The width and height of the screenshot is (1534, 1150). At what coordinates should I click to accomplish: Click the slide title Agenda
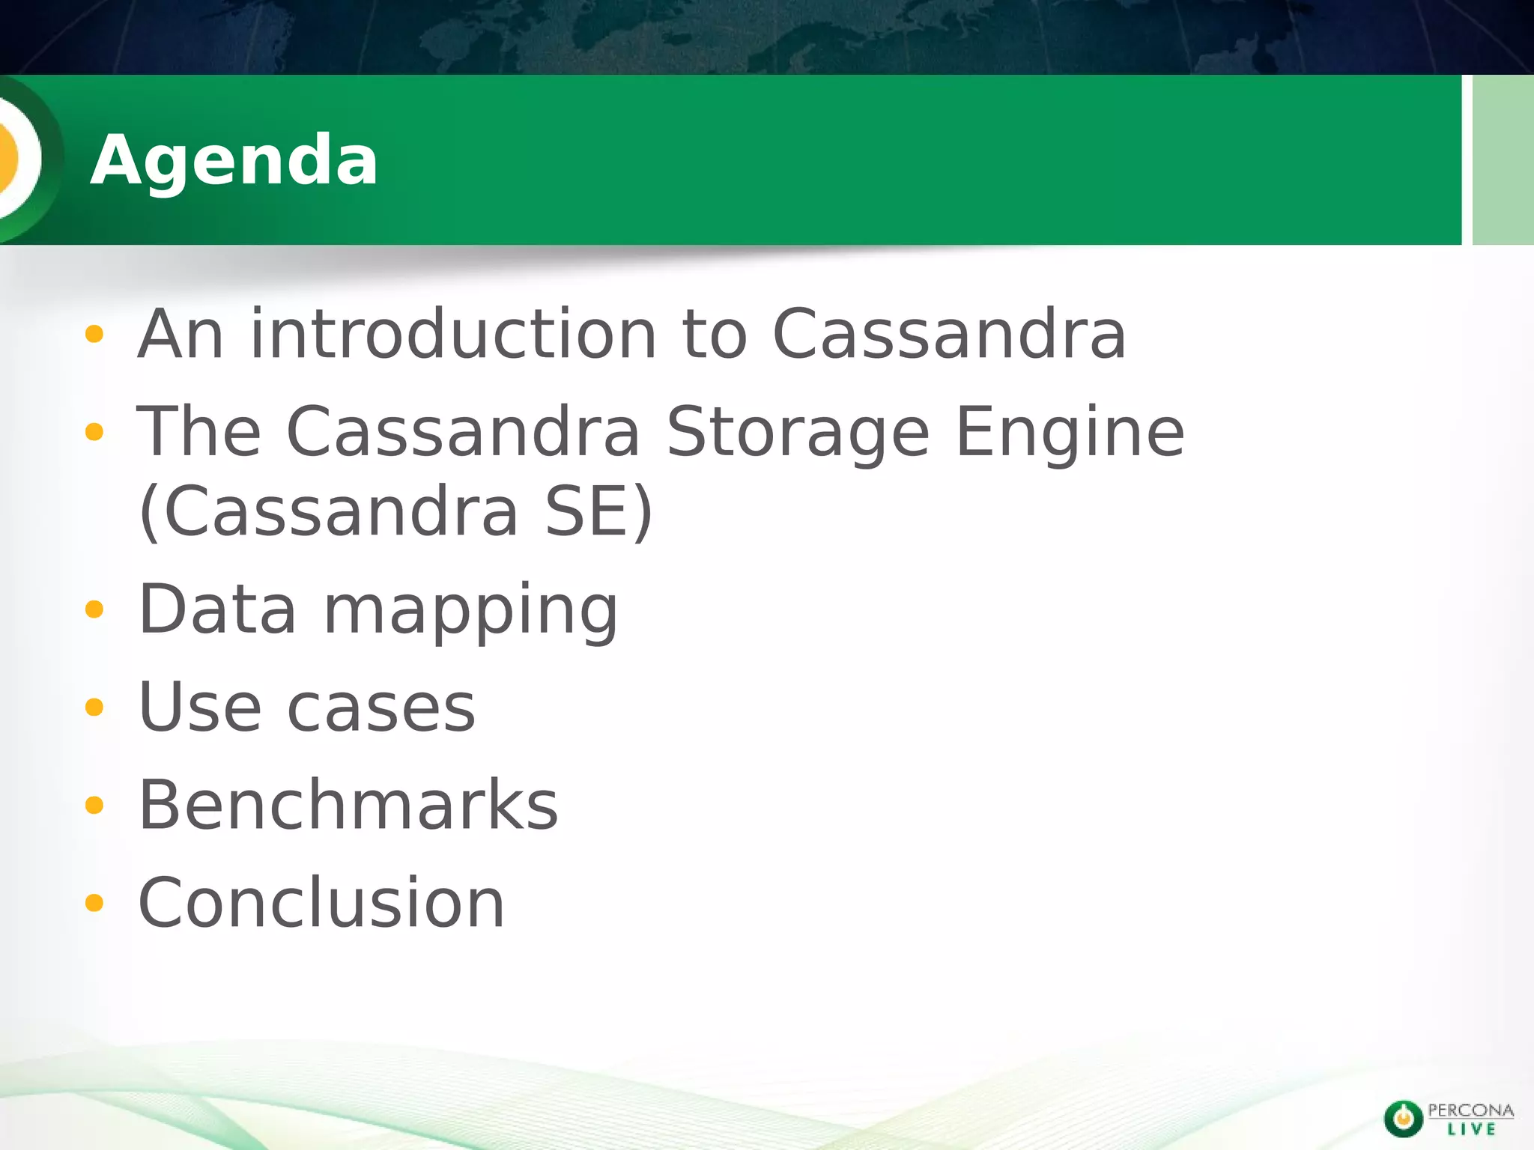coord(234,159)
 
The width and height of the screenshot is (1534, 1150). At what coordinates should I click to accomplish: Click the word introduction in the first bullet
coord(453,334)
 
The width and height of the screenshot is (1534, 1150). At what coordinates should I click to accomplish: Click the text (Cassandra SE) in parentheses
coord(395,511)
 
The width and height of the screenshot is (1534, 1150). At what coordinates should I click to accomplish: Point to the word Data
coord(217,609)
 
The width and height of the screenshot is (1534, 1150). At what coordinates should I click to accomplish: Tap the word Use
coord(199,707)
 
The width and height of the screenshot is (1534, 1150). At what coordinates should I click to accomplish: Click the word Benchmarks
coord(348,805)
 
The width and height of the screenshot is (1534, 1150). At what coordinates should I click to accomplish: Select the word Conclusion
coord(321,903)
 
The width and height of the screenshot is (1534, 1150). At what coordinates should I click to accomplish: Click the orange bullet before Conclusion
coord(94,903)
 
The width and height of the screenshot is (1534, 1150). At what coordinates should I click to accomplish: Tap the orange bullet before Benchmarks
coord(94,806)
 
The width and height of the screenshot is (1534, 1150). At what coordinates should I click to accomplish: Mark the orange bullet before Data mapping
coord(94,609)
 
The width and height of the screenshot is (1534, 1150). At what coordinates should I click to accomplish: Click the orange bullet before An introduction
coord(94,334)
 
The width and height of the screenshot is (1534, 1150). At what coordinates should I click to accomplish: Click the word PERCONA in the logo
coord(1470,1110)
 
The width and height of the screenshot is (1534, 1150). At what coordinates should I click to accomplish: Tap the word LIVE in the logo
coord(1471,1129)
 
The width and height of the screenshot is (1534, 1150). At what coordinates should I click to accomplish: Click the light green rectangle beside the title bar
coord(1503,159)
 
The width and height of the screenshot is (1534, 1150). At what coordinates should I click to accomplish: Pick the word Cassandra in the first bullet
coord(948,334)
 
